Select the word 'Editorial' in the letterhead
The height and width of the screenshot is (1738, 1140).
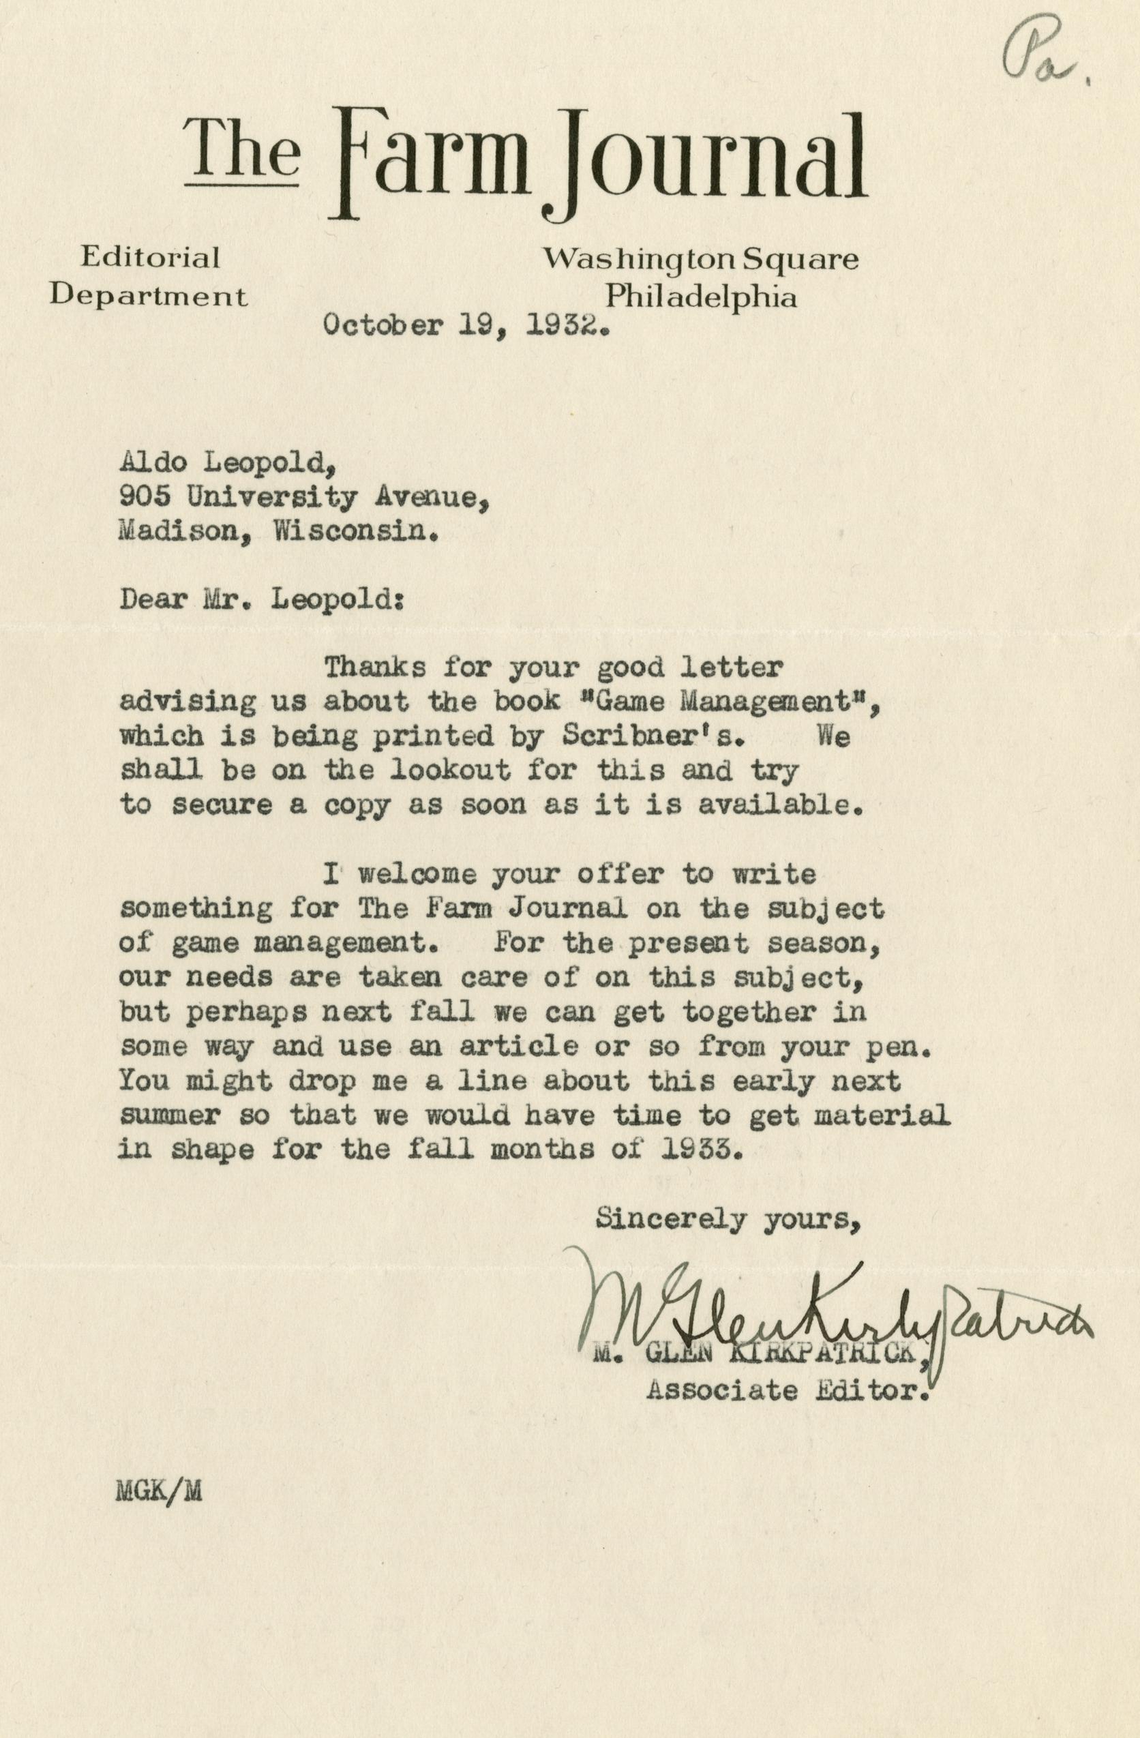point(150,257)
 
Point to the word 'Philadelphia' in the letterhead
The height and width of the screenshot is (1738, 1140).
point(702,297)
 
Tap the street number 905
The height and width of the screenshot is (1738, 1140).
point(145,498)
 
